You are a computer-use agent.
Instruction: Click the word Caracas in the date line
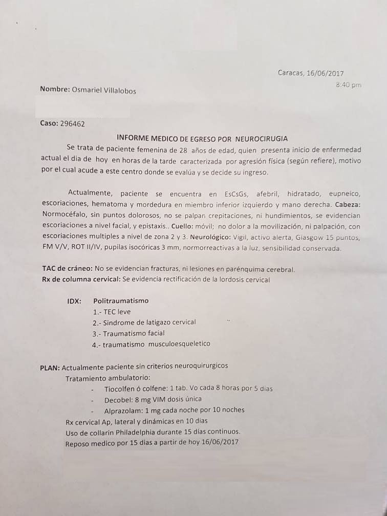pyautogui.click(x=290, y=73)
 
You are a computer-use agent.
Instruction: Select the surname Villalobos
pyautogui.click(x=118, y=90)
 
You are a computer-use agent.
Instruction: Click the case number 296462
pyautogui.click(x=72, y=123)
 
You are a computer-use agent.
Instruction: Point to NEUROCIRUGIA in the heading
pyautogui.click(x=261, y=138)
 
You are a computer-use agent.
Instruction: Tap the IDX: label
pyautogui.click(x=74, y=301)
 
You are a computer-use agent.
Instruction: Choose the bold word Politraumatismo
pyautogui.click(x=121, y=301)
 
